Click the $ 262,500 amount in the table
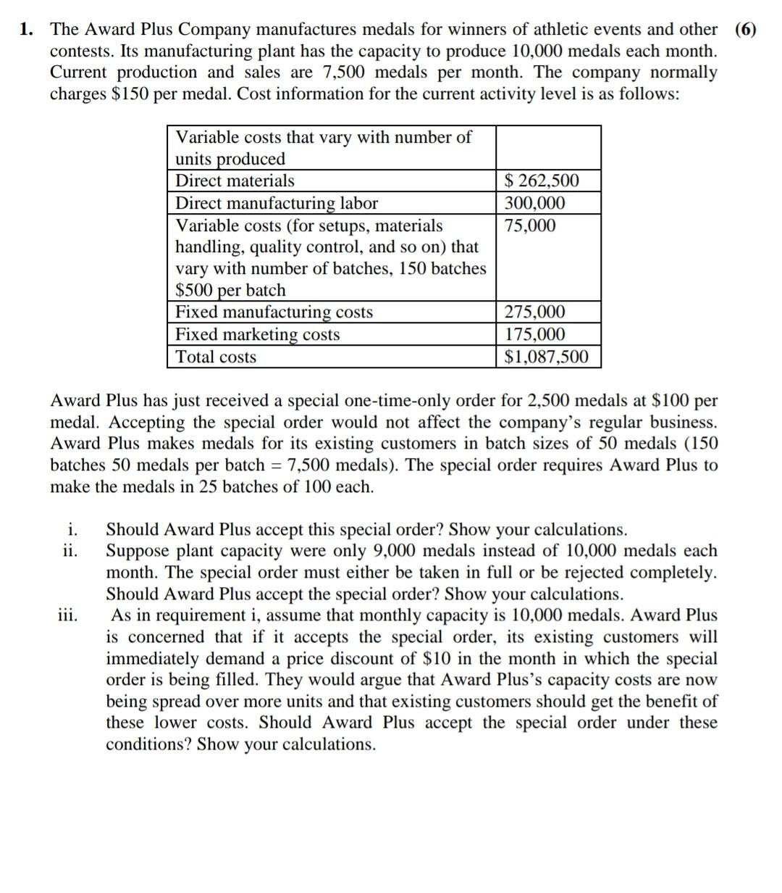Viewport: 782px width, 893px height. coord(542,181)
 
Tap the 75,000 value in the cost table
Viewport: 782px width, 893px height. coord(530,225)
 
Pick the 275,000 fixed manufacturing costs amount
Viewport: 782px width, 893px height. coord(535,312)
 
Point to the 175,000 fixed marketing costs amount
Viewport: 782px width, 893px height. coord(535,335)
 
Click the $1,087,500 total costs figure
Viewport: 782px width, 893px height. coord(546,357)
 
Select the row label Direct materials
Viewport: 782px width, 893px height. coord(235,181)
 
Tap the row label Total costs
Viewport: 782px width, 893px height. coord(216,357)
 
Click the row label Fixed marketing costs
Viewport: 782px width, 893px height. coord(258,335)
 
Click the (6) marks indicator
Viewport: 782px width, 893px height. coord(745,30)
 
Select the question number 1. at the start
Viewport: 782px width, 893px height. coord(27,30)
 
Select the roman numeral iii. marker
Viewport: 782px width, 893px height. coord(70,615)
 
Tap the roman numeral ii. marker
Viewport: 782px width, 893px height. coord(70,551)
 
